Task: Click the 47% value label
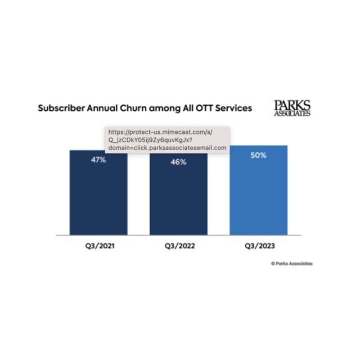[x=98, y=160]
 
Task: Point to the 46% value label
[x=178, y=162]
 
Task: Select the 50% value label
[x=259, y=155]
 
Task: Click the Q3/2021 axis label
[x=98, y=246]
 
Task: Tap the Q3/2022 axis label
[x=178, y=246]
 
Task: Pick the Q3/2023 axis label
[x=259, y=246]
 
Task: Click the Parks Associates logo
[x=292, y=108]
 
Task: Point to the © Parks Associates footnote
[x=291, y=263]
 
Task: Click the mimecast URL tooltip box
[x=168, y=139]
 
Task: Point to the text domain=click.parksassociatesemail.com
[x=168, y=148]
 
